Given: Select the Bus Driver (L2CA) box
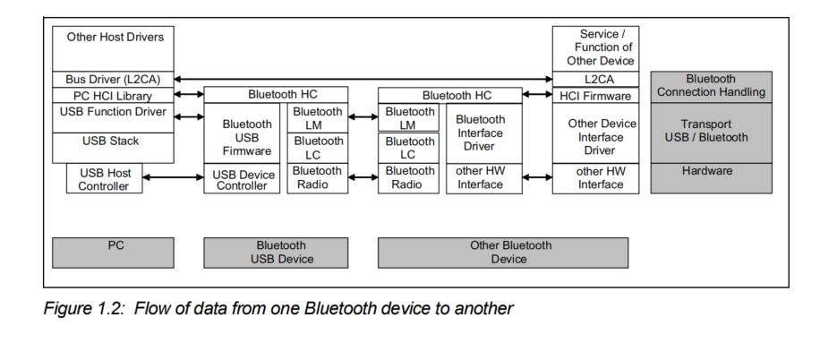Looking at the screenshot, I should point(113,80).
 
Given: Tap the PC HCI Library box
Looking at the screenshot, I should point(113,96).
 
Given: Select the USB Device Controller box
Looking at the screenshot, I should point(243,179).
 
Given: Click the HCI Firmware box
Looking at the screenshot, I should point(595,96).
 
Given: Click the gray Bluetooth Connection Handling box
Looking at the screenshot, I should point(711,86).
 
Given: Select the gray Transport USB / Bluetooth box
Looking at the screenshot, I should point(711,132).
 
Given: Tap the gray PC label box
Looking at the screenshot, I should point(113,253).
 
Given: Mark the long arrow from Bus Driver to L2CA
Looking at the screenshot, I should point(363,80).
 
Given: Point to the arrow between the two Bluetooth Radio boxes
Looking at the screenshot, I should point(363,177).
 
